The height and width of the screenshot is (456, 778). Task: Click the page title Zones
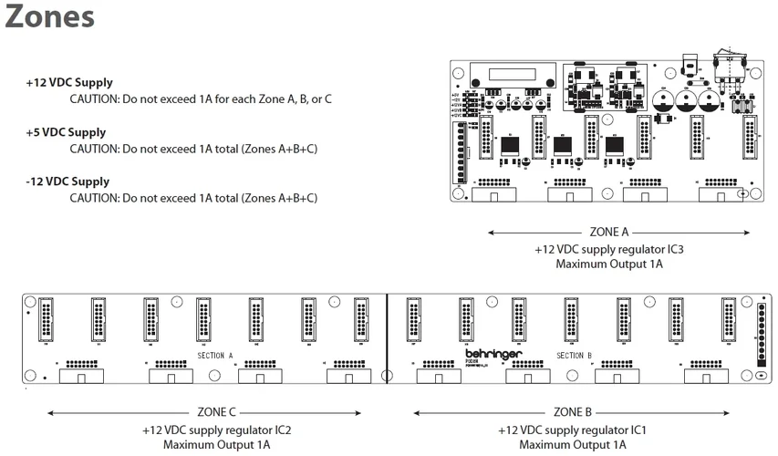[x=49, y=17]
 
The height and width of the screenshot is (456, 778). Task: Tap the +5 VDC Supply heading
[x=66, y=132]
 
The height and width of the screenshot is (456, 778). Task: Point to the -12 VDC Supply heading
[x=67, y=181]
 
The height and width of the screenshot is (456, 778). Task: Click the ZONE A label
[x=609, y=232]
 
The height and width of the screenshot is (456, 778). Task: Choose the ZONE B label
[x=573, y=412]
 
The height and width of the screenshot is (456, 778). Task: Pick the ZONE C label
[x=216, y=412]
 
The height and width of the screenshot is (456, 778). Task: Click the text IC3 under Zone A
[x=674, y=248]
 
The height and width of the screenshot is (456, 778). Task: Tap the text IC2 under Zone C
[x=282, y=429]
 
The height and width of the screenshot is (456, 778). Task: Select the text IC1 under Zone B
[x=638, y=429]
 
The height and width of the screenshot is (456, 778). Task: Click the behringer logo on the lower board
[x=493, y=352]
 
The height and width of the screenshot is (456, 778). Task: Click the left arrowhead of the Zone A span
[x=492, y=233]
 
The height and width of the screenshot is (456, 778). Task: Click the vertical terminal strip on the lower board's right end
[x=761, y=334]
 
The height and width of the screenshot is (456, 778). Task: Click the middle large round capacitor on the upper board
[x=686, y=99]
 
